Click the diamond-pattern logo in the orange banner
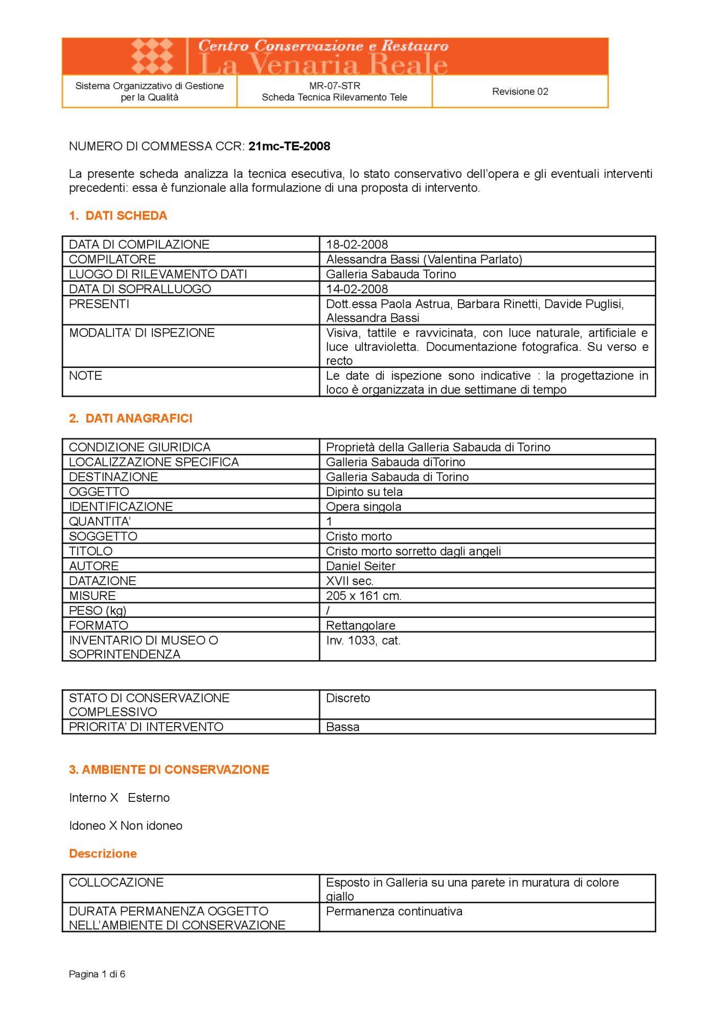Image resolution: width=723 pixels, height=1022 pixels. tap(152, 56)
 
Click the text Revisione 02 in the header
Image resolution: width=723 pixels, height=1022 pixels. tap(520, 91)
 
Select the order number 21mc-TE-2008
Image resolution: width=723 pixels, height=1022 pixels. tap(289, 146)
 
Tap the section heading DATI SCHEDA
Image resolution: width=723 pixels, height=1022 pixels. tap(126, 216)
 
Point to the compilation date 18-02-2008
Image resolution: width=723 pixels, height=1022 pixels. tap(357, 244)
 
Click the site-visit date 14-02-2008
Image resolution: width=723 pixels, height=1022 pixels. tap(357, 289)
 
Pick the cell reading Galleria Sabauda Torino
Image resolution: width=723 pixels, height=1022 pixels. tap(391, 274)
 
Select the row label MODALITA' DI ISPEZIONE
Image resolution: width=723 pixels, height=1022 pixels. tap(142, 333)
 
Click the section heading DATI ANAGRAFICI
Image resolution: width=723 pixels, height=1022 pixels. tap(138, 418)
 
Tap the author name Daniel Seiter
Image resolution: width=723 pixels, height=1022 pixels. tap(360, 566)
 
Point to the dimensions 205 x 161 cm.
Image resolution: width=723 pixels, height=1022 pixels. tap(363, 595)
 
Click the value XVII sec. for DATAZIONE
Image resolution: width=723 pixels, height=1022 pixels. tap(349, 580)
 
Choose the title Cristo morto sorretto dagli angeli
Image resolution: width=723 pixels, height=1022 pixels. tap(413, 551)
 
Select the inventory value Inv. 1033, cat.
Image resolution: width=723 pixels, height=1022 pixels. tap(363, 640)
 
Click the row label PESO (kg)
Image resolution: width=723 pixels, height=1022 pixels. tap(97, 610)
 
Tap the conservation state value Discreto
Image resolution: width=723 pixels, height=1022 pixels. tap(347, 698)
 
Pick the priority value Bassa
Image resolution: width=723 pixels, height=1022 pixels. tap(342, 727)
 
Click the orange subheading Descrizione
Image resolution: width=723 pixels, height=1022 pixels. tap(103, 853)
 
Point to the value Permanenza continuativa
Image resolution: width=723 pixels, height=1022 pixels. tap(394, 911)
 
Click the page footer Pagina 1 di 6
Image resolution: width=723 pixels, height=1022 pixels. tap(97, 974)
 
